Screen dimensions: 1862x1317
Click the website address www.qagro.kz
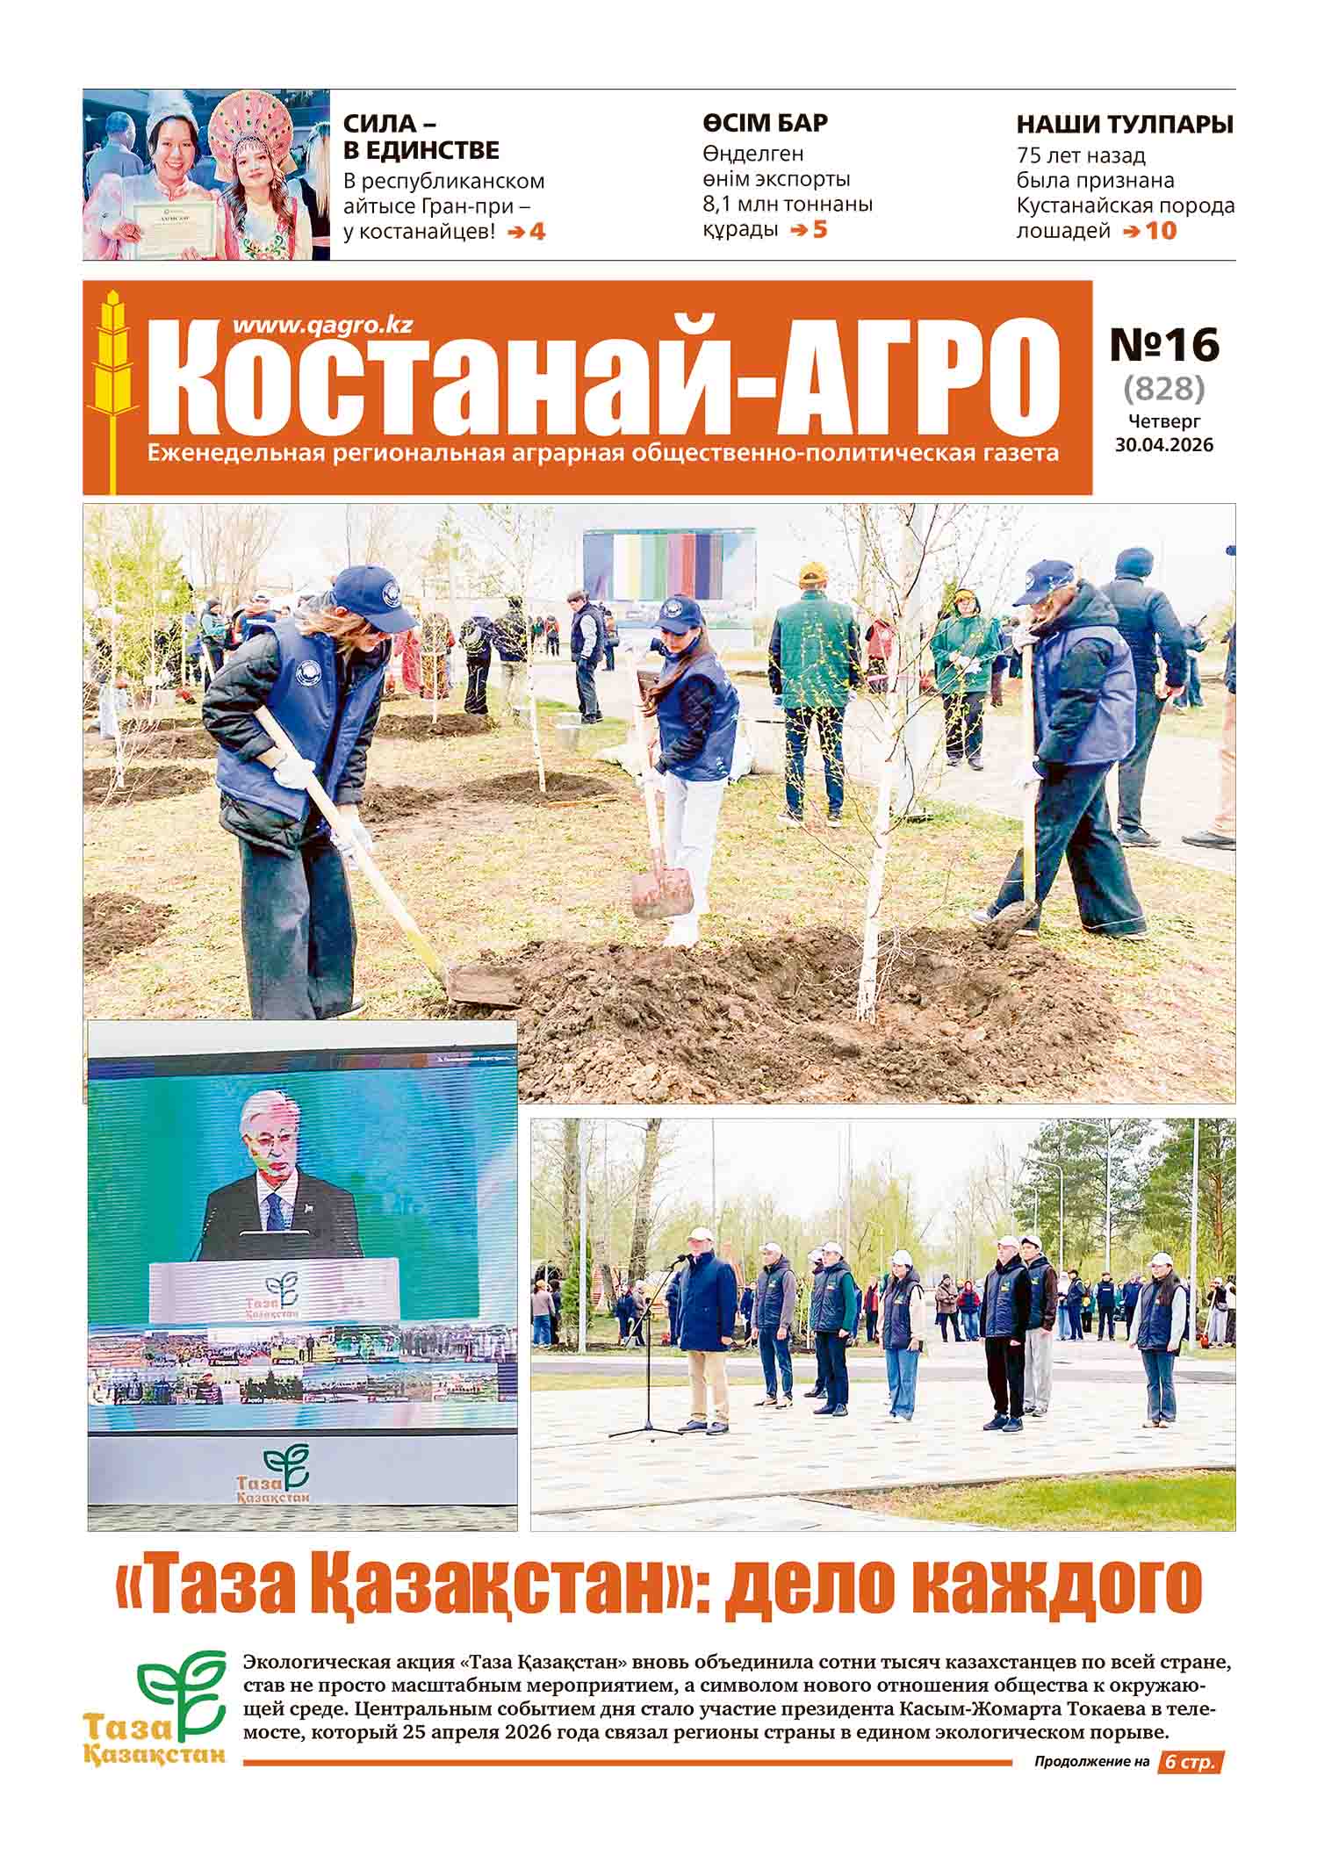[x=322, y=325]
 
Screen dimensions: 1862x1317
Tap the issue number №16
[x=1164, y=344]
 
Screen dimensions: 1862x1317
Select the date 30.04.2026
[x=1164, y=445]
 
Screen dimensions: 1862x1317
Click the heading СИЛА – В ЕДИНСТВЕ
[x=421, y=137]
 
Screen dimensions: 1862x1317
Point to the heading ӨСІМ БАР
[x=765, y=123]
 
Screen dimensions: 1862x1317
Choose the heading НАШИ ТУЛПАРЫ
[x=1125, y=125]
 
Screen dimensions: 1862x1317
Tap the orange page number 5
[x=820, y=230]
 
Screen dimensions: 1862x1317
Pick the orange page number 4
[x=536, y=233]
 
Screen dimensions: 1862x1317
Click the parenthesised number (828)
[x=1164, y=388]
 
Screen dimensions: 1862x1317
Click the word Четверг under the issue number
[x=1164, y=422]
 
